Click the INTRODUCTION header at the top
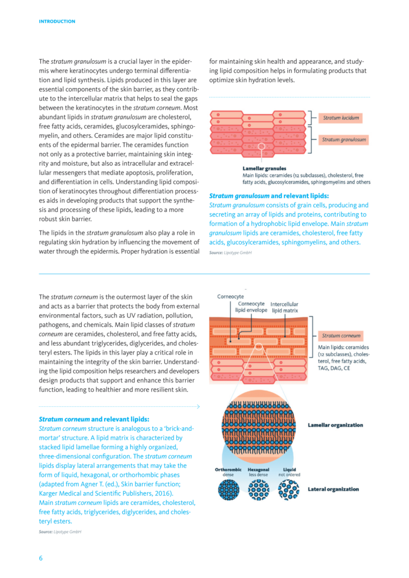click(x=57, y=22)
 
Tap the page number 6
click(x=41, y=558)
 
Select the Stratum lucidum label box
click(x=341, y=118)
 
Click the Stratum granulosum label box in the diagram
click(x=344, y=140)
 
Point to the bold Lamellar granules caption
click(x=261, y=168)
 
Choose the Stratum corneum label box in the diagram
click(x=341, y=336)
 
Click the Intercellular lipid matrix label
click(x=285, y=308)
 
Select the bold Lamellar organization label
click(x=335, y=425)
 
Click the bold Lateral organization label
click(x=333, y=489)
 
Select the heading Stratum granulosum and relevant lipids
click(x=269, y=196)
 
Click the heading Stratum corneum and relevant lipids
click(x=94, y=419)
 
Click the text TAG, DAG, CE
click(x=334, y=370)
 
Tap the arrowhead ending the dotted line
click(x=199, y=406)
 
